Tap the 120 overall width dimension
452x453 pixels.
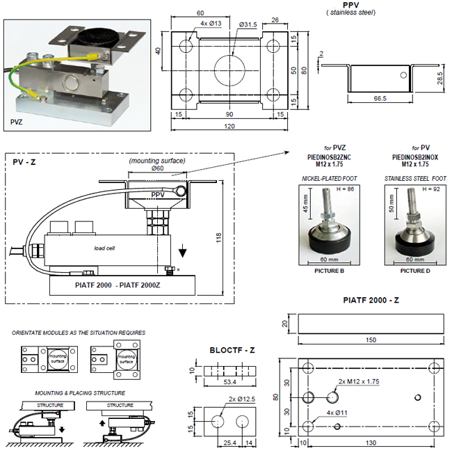(x=229, y=127)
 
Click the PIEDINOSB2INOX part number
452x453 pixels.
(x=410, y=156)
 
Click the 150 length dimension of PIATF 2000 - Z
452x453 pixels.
(x=370, y=340)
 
